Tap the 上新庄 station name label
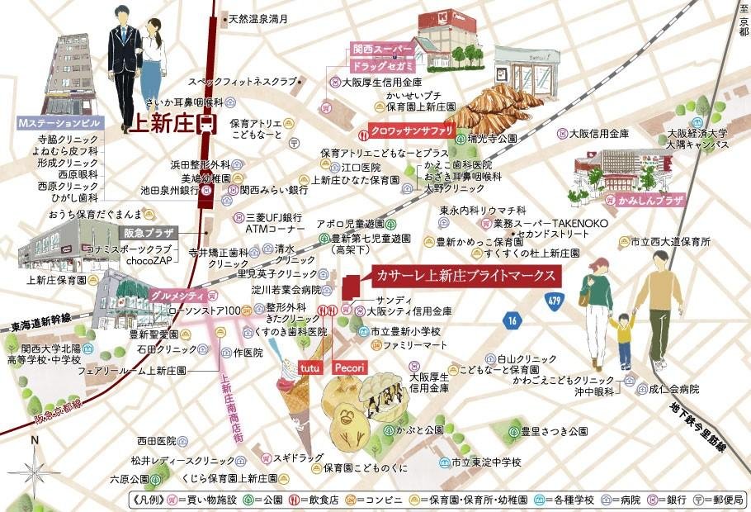pyautogui.click(x=163, y=124)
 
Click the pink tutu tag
pyautogui.click(x=309, y=366)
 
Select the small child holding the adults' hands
pyautogui.click(x=623, y=336)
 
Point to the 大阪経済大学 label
pyautogui.click(x=697, y=132)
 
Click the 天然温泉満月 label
pyautogui.click(x=257, y=17)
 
